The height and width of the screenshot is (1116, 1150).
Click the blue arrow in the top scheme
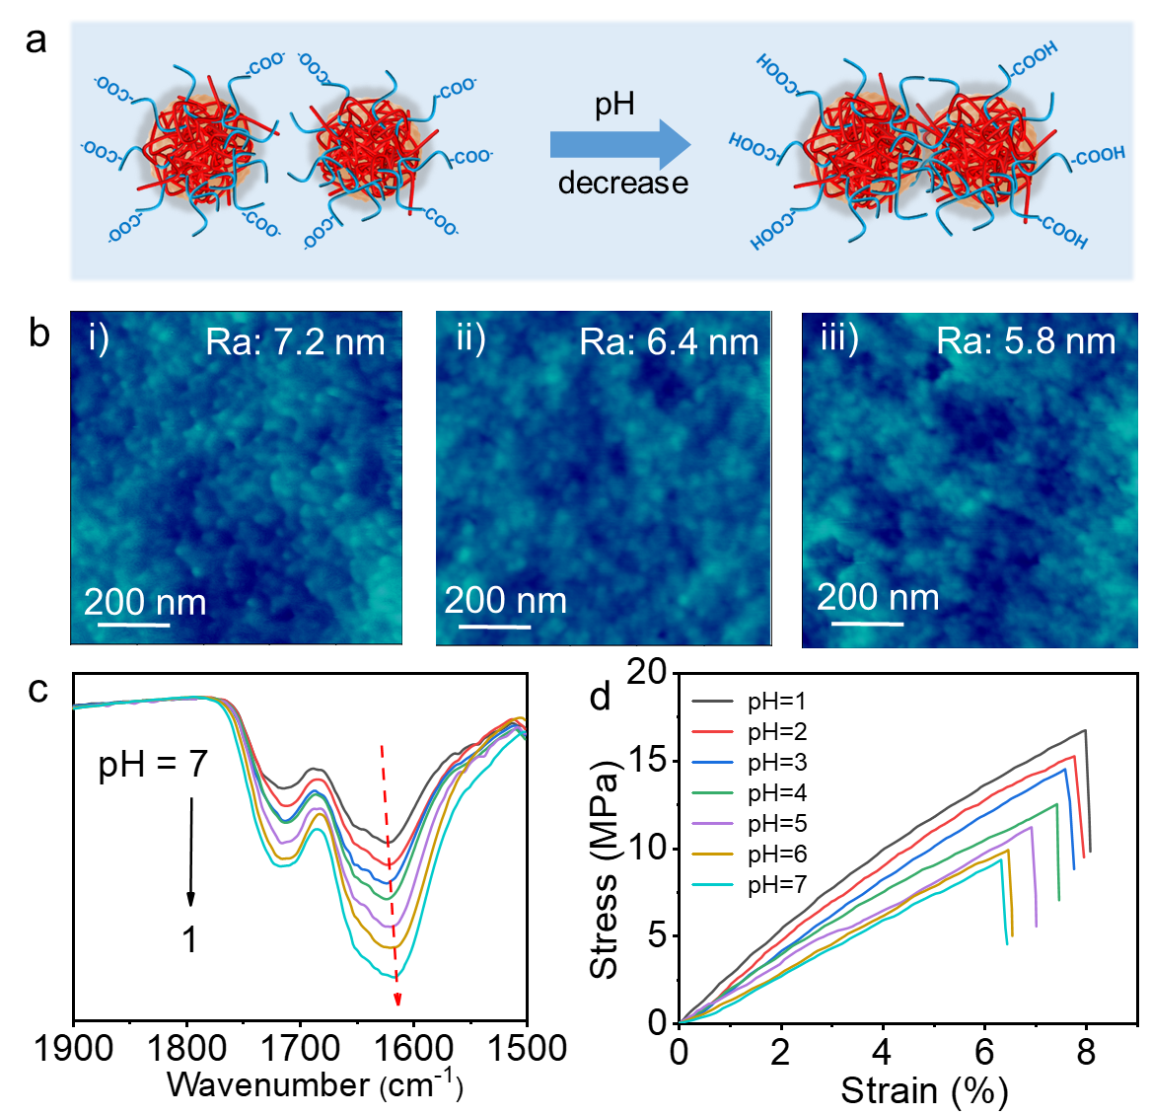(619, 145)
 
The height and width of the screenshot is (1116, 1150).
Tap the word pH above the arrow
(613, 105)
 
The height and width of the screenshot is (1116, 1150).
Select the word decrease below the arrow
(622, 183)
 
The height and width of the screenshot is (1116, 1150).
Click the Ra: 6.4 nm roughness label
(669, 341)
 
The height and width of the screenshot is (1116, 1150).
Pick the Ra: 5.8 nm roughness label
(1026, 340)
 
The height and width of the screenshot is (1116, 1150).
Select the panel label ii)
(470, 338)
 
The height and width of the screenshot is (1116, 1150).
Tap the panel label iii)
(839, 338)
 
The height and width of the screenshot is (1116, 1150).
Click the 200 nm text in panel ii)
(505, 600)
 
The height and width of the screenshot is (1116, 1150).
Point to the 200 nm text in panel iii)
(878, 597)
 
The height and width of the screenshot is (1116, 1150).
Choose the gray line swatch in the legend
(712, 701)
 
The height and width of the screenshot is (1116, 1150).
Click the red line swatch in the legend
(712, 731)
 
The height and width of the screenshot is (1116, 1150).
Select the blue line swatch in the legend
(712, 762)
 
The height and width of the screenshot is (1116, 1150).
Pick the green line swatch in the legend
(712, 792)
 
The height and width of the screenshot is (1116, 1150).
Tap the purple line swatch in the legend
(712, 823)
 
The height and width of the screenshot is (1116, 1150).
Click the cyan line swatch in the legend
(712, 884)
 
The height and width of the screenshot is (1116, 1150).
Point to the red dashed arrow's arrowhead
(398, 1000)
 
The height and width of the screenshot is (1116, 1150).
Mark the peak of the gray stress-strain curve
(1085, 730)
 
